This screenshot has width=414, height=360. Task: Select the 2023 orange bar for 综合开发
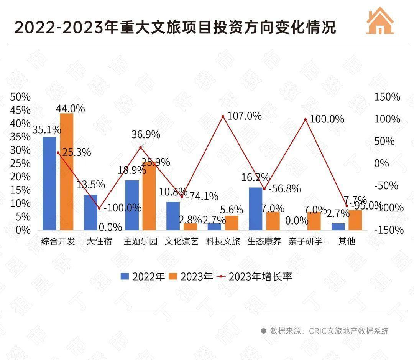click(x=66, y=172)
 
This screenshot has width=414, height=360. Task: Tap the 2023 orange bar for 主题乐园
click(x=149, y=197)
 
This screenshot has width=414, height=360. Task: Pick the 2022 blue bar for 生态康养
click(x=255, y=209)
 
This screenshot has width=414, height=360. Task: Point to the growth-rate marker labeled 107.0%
click(x=223, y=116)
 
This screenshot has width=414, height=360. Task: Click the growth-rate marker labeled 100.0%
click(x=306, y=119)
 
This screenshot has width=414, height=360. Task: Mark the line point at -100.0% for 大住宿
click(x=99, y=208)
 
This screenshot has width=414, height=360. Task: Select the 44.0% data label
click(x=70, y=109)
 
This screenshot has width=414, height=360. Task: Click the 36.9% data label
click(x=146, y=135)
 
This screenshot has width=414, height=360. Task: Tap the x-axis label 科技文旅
click(x=223, y=241)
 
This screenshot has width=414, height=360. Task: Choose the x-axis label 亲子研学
click(x=306, y=241)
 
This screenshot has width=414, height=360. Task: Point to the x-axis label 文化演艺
click(x=182, y=241)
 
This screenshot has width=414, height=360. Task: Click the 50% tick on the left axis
click(x=20, y=97)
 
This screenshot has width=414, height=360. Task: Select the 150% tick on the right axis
click(x=387, y=97)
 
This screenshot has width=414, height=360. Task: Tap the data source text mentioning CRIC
click(x=329, y=331)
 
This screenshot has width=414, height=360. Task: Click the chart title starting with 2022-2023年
click(x=175, y=28)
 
